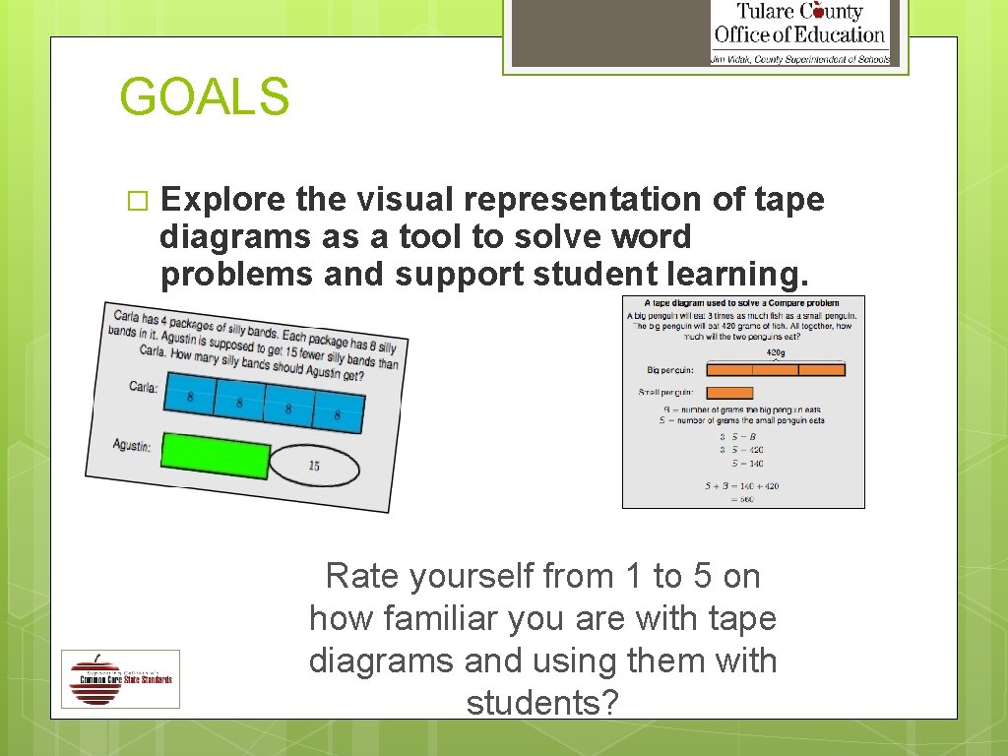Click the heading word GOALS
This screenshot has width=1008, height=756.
205,97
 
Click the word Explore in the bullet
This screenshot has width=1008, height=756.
222,200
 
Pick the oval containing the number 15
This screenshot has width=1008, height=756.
313,465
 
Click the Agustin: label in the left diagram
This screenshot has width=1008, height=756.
131,445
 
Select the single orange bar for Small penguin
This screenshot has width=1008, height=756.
729,393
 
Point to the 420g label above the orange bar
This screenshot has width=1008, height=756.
777,351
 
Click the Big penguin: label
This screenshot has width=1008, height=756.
670,371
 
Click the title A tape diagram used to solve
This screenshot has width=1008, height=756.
743,303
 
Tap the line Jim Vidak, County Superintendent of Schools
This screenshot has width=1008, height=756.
799,59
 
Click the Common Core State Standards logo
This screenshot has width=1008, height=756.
120,678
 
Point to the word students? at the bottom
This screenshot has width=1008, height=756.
542,704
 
